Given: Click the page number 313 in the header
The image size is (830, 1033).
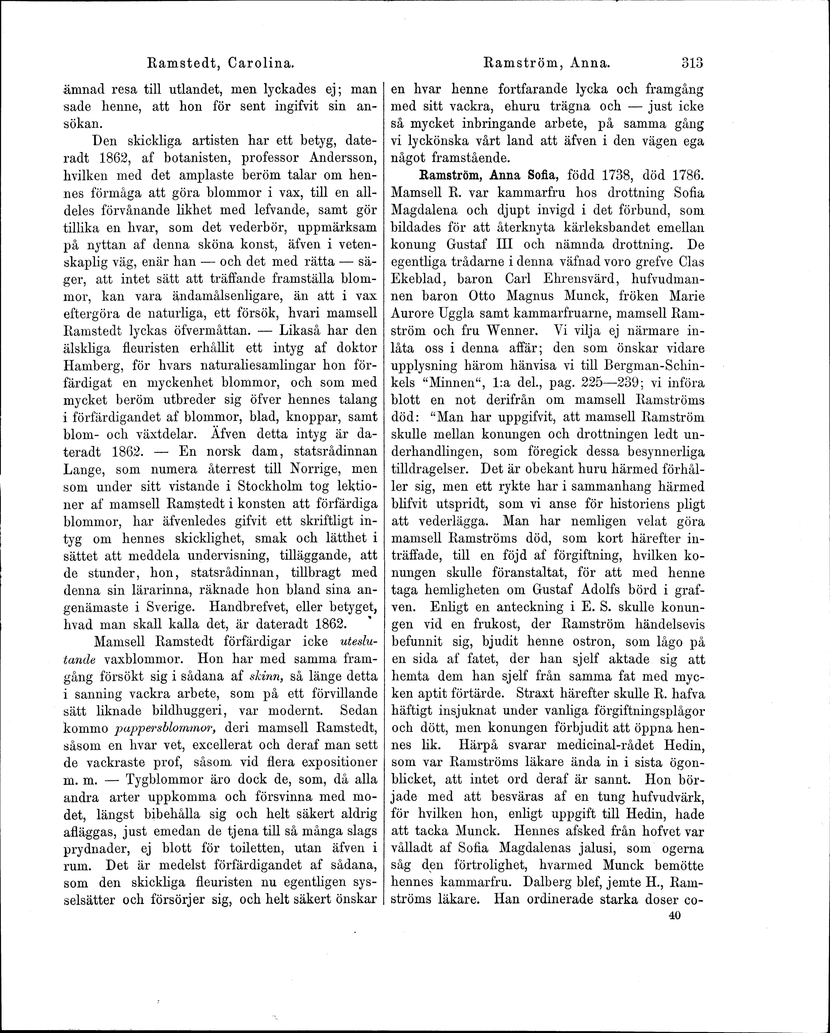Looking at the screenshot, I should (690, 63).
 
